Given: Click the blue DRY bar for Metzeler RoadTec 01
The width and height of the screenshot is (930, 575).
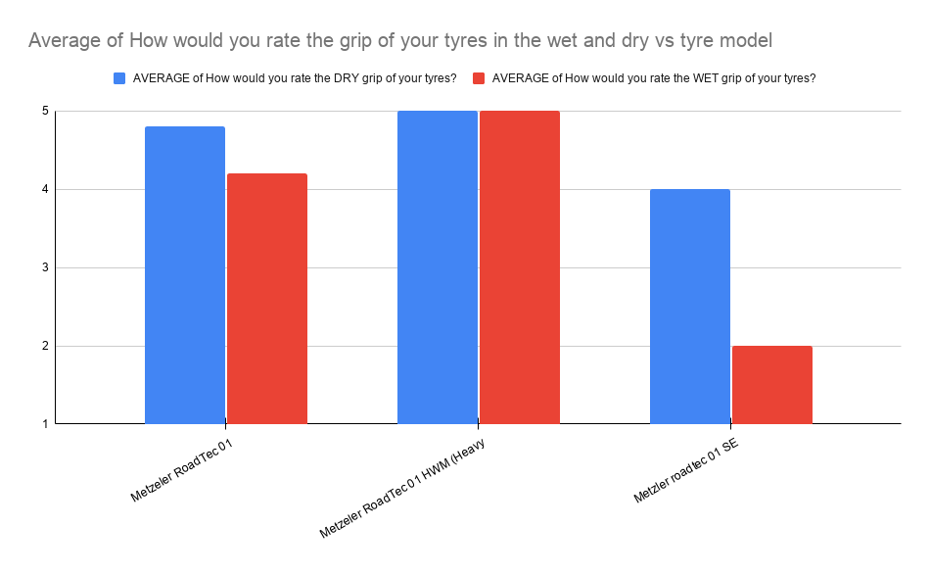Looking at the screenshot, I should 185,275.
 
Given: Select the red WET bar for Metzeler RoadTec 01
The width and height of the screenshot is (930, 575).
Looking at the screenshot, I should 267,299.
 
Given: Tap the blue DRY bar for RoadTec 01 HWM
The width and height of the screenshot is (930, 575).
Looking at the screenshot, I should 438,267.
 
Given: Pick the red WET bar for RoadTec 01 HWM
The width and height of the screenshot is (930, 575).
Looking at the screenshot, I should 520,267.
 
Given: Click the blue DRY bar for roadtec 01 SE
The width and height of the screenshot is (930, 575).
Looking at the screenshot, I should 690,307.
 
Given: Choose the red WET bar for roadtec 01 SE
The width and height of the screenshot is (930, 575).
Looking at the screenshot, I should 772,385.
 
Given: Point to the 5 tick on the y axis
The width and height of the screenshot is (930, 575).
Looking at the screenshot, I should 44,112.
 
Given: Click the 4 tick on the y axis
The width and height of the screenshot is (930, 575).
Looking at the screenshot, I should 44,190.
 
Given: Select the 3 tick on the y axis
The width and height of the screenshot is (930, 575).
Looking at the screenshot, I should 44,268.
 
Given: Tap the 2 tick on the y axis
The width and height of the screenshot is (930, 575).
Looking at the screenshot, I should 44,347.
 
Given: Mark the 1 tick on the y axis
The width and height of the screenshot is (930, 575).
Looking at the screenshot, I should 44,424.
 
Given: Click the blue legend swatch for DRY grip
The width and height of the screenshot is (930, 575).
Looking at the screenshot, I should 120,78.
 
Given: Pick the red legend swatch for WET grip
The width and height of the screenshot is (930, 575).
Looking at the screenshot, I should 480,78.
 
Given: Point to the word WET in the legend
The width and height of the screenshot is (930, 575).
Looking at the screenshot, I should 693,78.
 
